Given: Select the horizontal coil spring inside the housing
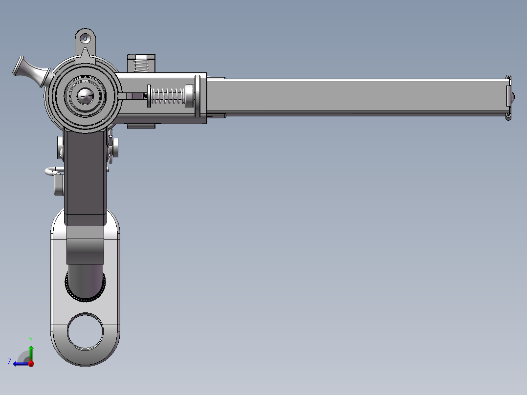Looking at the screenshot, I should [167, 96].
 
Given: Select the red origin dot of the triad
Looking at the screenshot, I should [31, 364].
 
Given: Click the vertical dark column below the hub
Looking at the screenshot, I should [85, 176].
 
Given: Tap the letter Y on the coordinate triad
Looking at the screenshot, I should [30, 339].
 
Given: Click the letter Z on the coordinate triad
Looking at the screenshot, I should [9, 361].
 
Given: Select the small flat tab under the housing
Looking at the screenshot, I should [141, 126].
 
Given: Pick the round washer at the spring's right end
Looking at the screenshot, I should [189, 96].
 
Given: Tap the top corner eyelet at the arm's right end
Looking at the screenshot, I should [508, 78].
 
